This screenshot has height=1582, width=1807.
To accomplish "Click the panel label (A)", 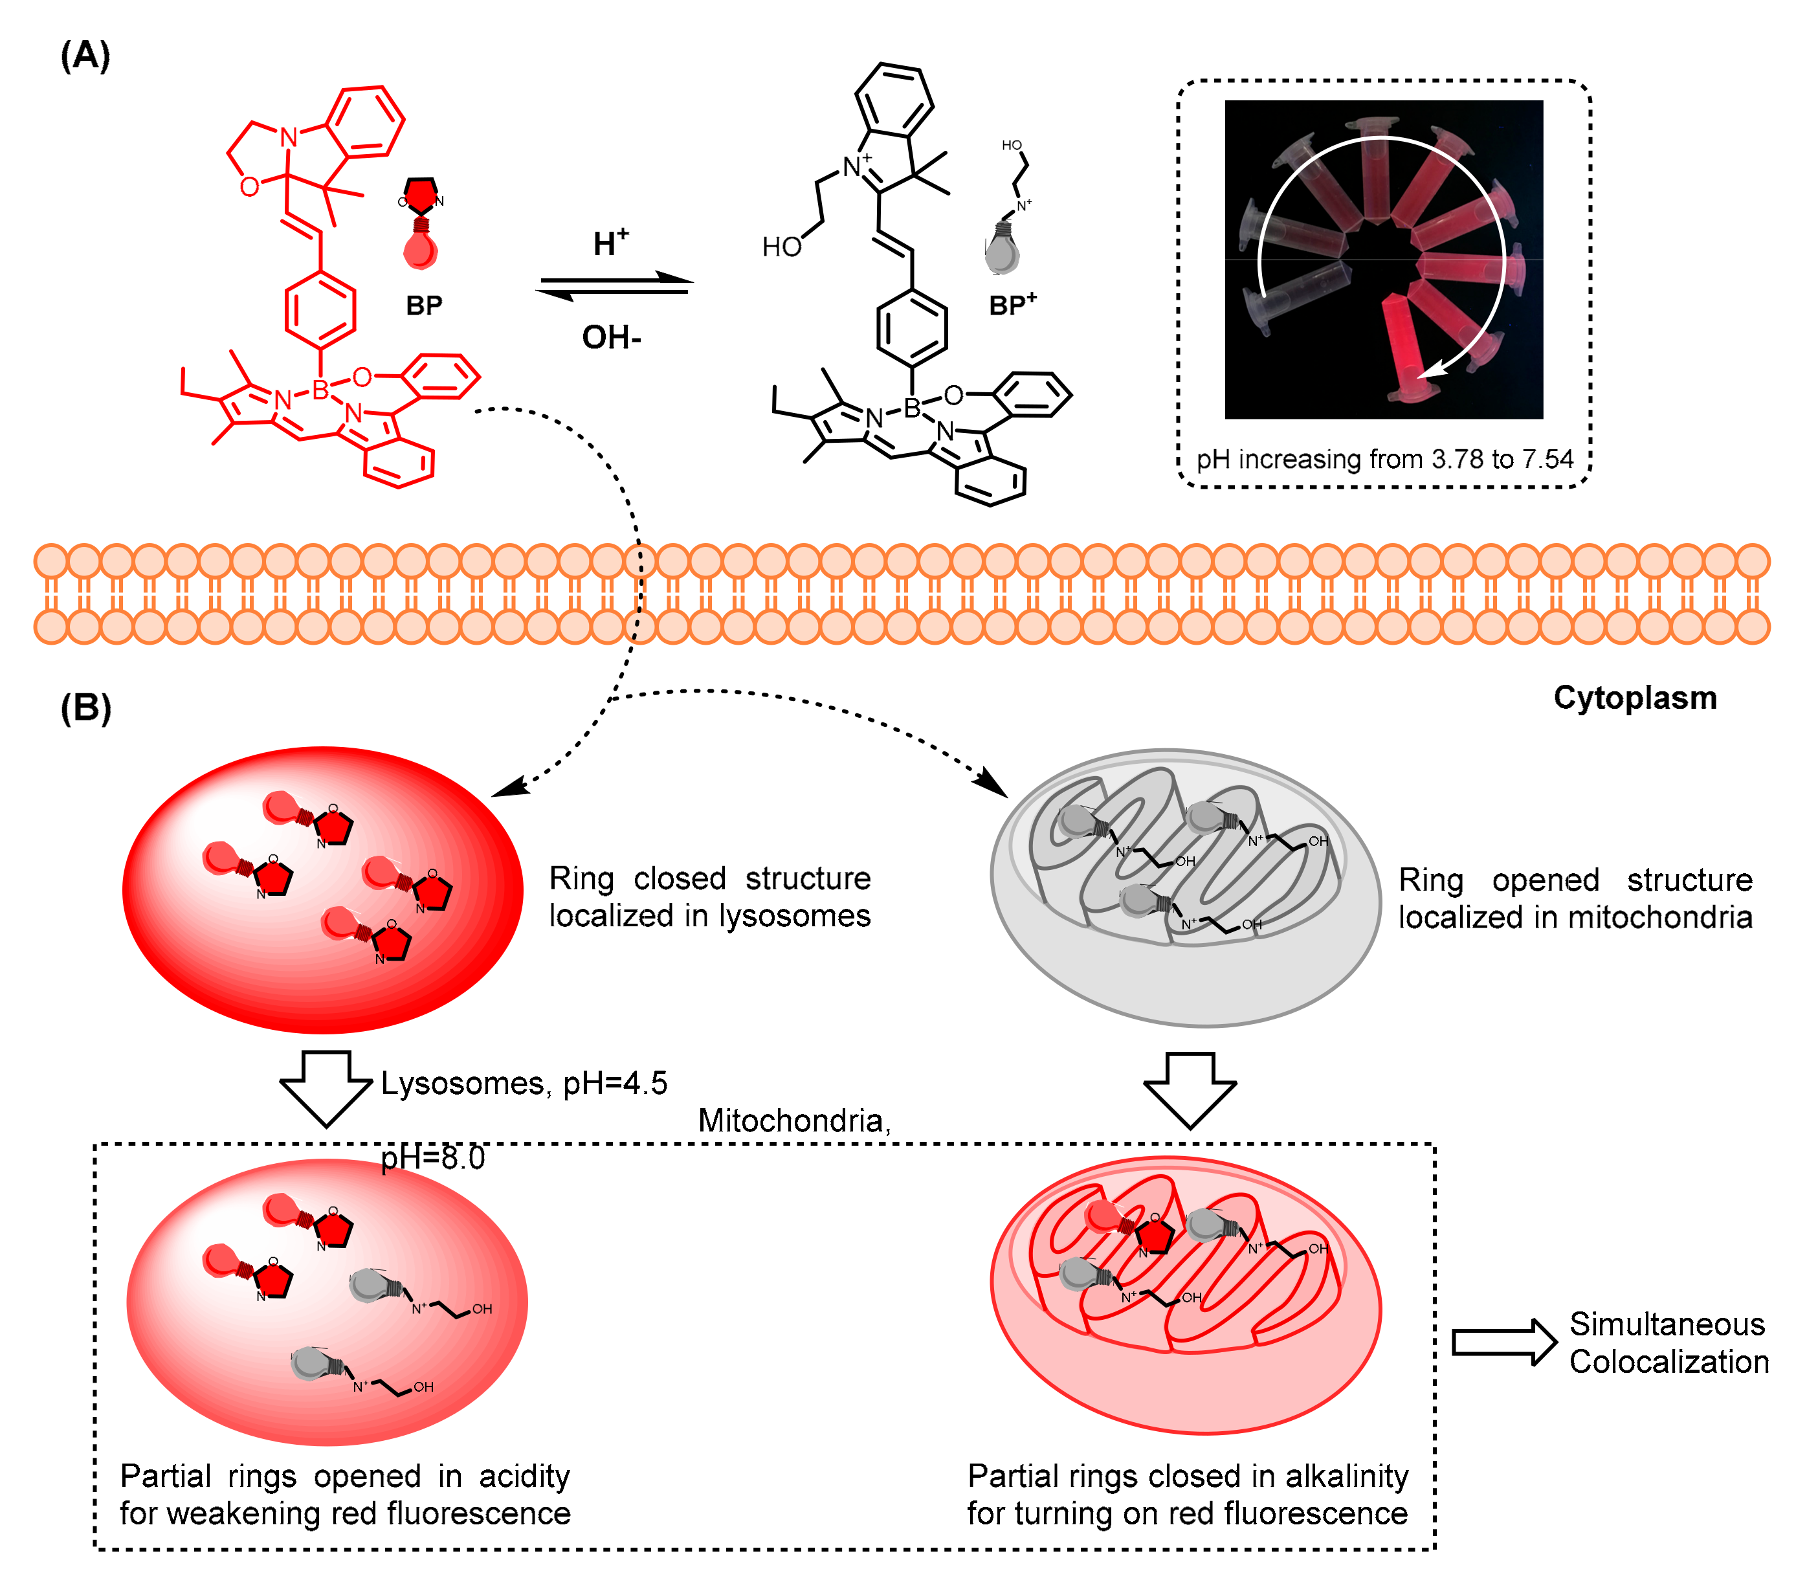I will pyautogui.click(x=85, y=56).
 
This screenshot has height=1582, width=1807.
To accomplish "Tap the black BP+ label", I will pyautogui.click(x=1012, y=305).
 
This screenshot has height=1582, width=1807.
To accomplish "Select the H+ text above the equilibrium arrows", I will pyautogui.click(x=611, y=243).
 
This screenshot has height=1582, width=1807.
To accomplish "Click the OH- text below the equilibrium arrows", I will pyautogui.click(x=611, y=337).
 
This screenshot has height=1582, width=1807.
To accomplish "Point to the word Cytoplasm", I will pyautogui.click(x=1634, y=697).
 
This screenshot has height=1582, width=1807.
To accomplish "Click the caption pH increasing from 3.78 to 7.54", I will pyautogui.click(x=1384, y=459).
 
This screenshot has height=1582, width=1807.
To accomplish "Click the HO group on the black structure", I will pyautogui.click(x=781, y=247).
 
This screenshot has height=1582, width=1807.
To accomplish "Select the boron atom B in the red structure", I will pyautogui.click(x=320, y=389).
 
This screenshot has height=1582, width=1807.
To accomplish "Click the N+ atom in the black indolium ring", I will pyautogui.click(x=854, y=166).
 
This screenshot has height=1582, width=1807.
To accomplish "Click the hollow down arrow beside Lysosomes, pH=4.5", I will pyautogui.click(x=326, y=1087).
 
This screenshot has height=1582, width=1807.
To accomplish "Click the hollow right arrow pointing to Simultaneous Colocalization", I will pyautogui.click(x=1503, y=1342).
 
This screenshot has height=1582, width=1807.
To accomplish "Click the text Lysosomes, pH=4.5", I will pyautogui.click(x=524, y=1082).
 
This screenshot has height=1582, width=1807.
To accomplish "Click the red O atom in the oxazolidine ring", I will pyautogui.click(x=250, y=187).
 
